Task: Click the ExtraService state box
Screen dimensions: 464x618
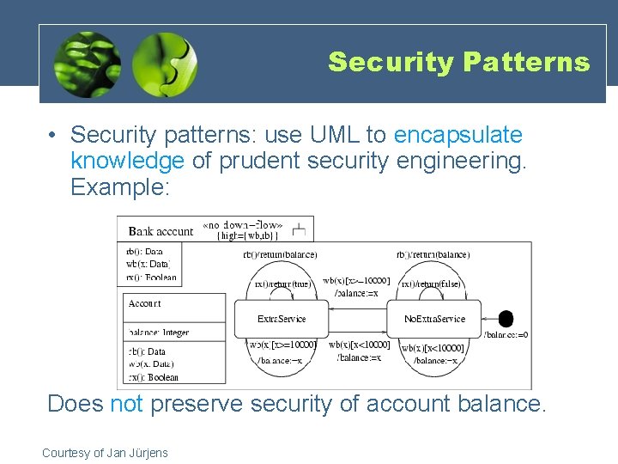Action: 281,319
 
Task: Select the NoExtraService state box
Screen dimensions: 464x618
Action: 434,319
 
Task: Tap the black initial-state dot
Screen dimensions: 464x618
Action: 506,318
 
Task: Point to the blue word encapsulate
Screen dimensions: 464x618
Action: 457,135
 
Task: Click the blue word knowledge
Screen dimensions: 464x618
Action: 127,161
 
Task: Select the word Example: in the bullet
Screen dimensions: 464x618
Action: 120,186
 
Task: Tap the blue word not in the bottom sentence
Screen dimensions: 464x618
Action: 127,403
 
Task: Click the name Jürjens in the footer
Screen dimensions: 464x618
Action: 148,453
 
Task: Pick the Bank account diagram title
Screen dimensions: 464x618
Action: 161,230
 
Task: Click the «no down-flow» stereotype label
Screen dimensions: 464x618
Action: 242,226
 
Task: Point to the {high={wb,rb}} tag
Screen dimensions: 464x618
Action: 246,236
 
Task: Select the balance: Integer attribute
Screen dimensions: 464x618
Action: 159,333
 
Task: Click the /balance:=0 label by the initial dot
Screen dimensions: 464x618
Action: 506,334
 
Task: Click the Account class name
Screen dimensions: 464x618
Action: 144,303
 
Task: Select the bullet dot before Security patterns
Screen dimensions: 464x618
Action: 53,136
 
